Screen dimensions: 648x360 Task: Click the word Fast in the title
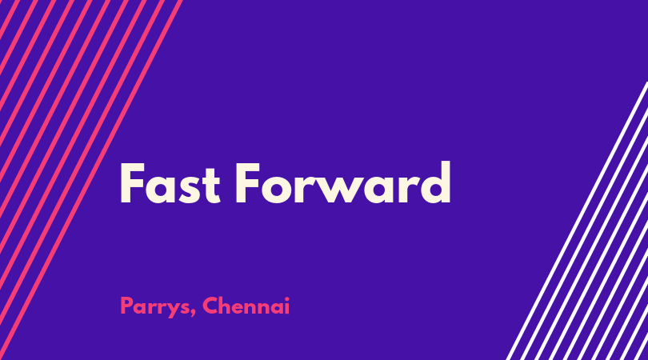point(170,183)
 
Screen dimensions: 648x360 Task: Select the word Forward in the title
point(343,182)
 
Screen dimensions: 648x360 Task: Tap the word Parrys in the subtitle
point(154,307)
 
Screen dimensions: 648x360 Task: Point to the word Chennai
point(246,306)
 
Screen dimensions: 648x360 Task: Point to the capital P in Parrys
point(126,306)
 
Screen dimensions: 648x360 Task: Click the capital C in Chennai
point(210,306)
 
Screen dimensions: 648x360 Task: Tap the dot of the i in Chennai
point(286,298)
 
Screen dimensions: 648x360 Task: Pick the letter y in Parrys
point(173,310)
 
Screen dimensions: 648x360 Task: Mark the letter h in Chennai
point(226,306)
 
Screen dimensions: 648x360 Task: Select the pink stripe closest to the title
point(91,180)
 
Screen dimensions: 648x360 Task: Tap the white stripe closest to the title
point(577,221)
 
